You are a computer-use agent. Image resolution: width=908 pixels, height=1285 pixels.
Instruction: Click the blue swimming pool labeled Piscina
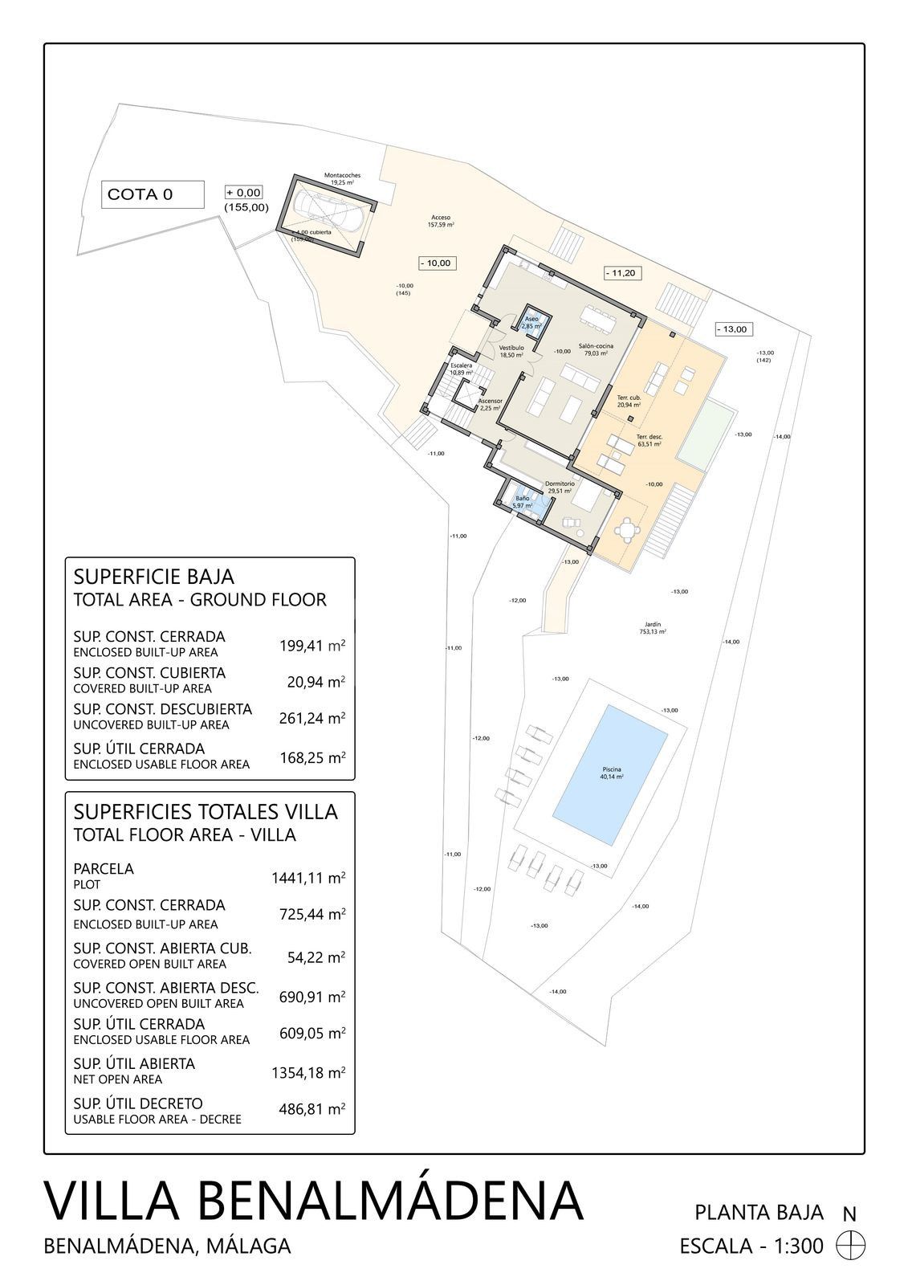(612, 774)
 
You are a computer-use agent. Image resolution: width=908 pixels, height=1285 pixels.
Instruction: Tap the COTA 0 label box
(153, 194)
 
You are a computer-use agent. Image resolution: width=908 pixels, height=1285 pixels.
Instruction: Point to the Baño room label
(523, 502)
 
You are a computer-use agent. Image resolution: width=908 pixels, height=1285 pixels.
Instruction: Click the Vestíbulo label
(511, 351)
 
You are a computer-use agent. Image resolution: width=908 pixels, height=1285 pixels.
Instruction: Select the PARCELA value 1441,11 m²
(308, 878)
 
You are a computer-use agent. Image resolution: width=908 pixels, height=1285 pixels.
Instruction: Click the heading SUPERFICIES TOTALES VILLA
(206, 811)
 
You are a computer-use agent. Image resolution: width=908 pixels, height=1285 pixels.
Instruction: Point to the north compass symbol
(851, 1246)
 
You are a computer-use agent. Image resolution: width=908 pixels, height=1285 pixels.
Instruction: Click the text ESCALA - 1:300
(751, 1246)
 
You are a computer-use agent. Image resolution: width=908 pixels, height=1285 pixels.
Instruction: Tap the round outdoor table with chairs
(624, 529)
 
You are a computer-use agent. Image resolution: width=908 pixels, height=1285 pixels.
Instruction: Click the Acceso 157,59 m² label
(441, 221)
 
